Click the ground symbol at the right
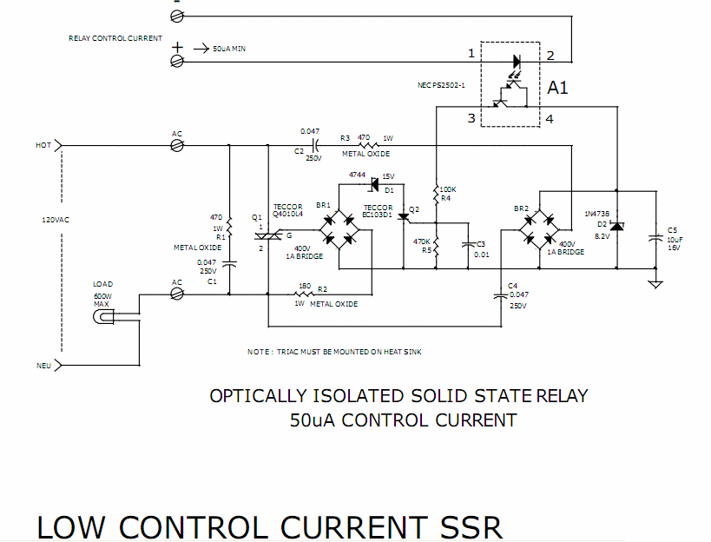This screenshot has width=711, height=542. [656, 281]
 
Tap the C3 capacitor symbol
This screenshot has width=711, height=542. [469, 244]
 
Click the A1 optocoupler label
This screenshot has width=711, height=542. [557, 88]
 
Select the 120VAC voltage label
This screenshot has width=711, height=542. [56, 220]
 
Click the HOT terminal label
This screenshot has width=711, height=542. [43, 146]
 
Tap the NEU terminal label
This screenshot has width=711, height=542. [43, 366]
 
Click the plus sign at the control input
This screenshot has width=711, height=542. [177, 48]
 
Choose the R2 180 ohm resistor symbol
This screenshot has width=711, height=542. [304, 294]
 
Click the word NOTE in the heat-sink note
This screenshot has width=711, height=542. [259, 352]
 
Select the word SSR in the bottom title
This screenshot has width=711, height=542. [464, 527]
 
